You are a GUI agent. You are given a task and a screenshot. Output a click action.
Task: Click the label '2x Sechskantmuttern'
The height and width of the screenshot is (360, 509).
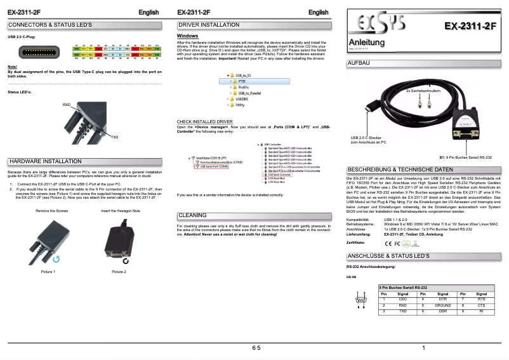click(x=423, y=91)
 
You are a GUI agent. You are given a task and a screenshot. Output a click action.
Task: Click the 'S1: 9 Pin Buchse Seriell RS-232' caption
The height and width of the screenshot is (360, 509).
click(x=465, y=156)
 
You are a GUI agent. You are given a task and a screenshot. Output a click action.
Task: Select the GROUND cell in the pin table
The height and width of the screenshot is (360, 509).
click(x=442, y=305)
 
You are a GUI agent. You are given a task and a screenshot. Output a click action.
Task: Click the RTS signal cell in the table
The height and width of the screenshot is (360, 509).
click(x=480, y=299)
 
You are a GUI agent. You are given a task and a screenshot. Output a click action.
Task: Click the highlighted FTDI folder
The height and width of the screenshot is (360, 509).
click(x=241, y=81)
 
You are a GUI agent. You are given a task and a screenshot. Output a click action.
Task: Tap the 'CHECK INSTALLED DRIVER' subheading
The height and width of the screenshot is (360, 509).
click(x=204, y=121)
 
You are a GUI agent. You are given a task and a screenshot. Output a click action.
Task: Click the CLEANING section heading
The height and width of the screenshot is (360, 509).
click(x=192, y=215)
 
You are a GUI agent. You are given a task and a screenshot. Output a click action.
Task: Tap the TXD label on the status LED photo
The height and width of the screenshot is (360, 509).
click(x=114, y=137)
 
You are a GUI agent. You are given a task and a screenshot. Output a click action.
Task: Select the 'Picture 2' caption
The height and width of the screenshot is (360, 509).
click(x=119, y=272)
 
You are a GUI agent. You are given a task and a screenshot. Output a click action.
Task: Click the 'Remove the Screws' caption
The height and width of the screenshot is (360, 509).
click(x=51, y=210)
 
